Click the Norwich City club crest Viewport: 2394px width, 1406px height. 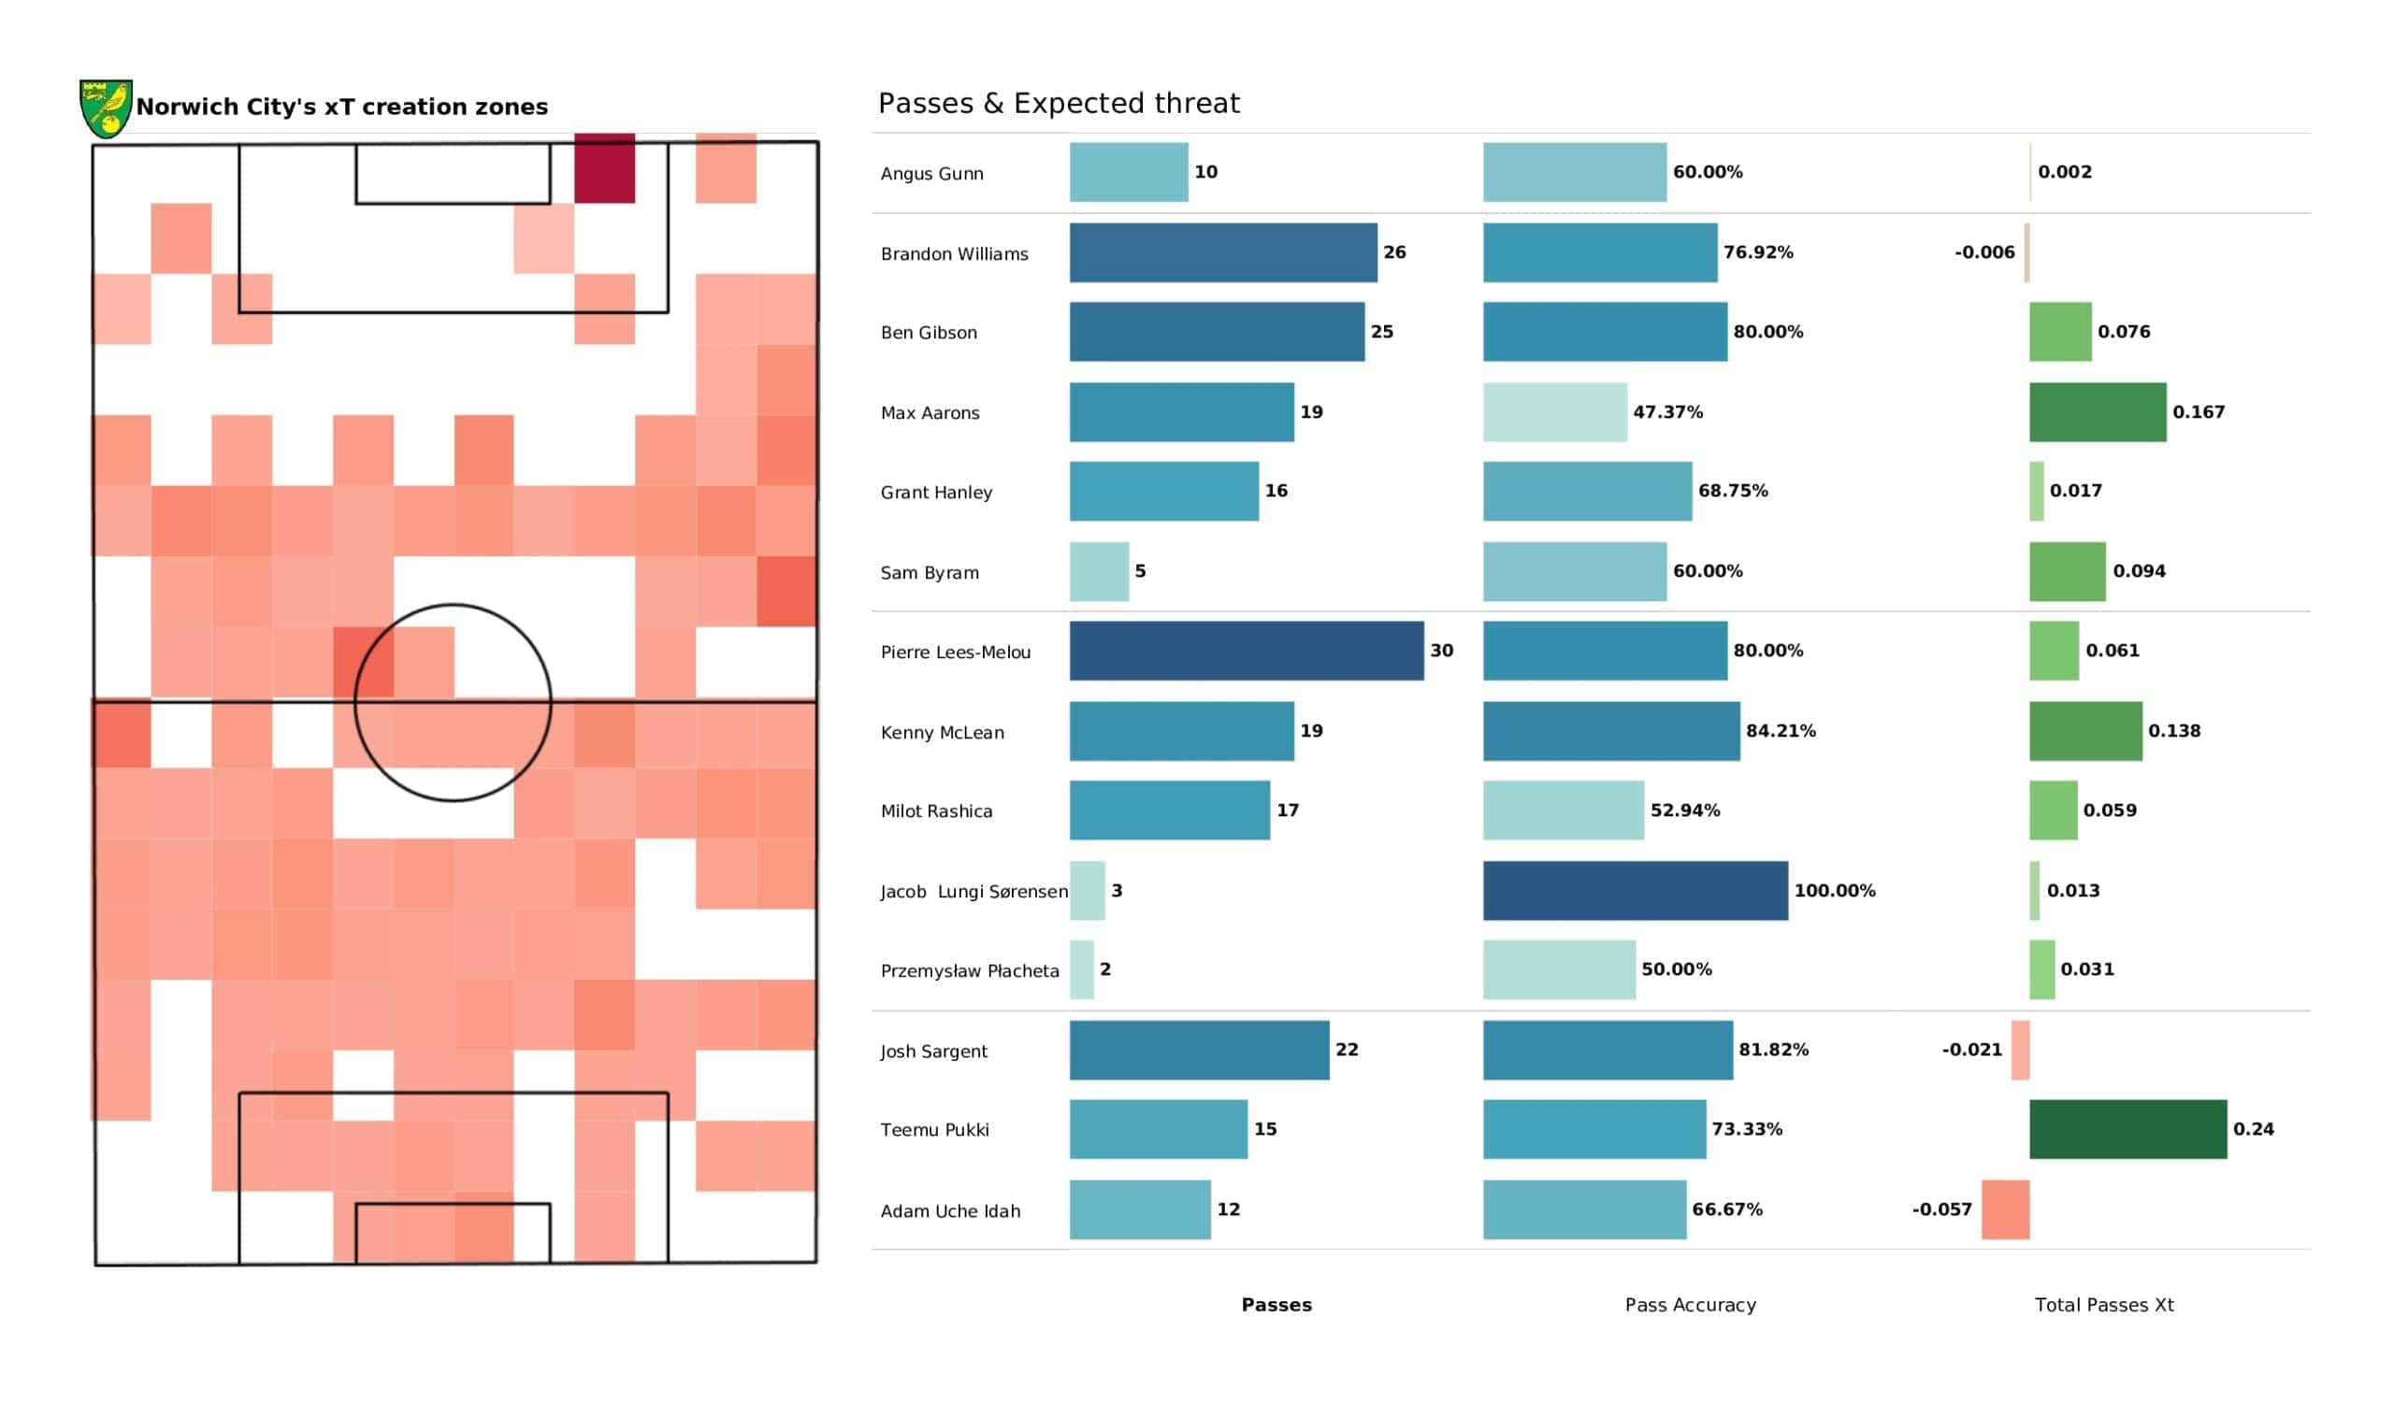tap(106, 108)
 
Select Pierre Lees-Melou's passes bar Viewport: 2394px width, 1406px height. tap(1246, 651)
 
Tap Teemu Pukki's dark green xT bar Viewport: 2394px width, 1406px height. tap(2127, 1128)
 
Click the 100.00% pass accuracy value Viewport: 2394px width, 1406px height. tap(1834, 891)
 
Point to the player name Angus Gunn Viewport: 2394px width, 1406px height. tap(931, 174)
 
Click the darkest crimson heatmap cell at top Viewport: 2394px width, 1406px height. tap(604, 168)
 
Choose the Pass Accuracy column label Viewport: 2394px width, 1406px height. tap(1690, 1305)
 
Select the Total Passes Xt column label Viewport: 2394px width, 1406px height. tap(2103, 1305)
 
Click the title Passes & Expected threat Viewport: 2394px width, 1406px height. tap(1059, 104)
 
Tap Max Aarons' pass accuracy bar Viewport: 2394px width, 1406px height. tap(1554, 412)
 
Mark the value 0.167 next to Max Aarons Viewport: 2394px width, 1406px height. tap(2198, 412)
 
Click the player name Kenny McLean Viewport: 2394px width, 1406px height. tap(942, 733)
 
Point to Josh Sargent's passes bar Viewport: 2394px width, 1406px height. tap(1199, 1050)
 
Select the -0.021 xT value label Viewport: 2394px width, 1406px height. tap(1971, 1050)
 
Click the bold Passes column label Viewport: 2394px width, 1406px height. tap(1276, 1305)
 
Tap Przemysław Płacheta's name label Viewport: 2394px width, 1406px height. tap(969, 971)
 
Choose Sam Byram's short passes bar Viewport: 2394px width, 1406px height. tap(1099, 572)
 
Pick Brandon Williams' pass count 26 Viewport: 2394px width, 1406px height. tap(1393, 252)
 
